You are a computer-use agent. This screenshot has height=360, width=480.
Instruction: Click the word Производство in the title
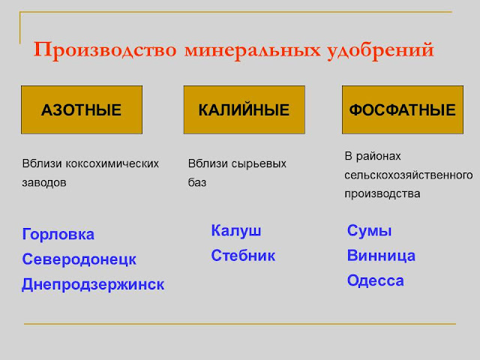pyautogui.click(x=105, y=50)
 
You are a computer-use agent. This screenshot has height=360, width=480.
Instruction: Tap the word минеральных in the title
pyautogui.click(x=253, y=50)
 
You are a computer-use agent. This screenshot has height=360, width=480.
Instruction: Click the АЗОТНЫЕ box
pyautogui.click(x=82, y=109)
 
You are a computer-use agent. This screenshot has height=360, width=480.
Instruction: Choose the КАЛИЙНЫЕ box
pyautogui.click(x=244, y=109)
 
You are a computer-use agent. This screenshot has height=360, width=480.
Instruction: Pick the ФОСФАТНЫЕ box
pyautogui.click(x=403, y=109)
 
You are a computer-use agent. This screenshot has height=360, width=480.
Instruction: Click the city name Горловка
pyautogui.click(x=58, y=235)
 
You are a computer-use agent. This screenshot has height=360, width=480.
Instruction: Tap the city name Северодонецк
pyautogui.click(x=79, y=259)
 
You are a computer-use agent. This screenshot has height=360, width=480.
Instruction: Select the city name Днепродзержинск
pyautogui.click(x=93, y=285)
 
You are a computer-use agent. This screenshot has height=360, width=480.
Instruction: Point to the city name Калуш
pyautogui.click(x=236, y=231)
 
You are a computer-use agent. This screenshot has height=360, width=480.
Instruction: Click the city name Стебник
pyautogui.click(x=243, y=256)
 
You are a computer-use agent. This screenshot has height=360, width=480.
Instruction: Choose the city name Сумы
pyautogui.click(x=369, y=231)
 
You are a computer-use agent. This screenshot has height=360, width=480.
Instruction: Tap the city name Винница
pyautogui.click(x=381, y=256)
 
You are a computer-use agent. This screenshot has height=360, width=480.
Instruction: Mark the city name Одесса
pyautogui.click(x=376, y=281)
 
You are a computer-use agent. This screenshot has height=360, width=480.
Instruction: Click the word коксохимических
pyautogui.click(x=112, y=163)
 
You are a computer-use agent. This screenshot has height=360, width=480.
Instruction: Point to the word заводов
pyautogui.click(x=44, y=183)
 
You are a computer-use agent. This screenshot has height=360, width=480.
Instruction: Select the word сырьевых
pyautogui.click(x=259, y=164)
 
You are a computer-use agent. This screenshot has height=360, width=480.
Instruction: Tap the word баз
pyautogui.click(x=197, y=183)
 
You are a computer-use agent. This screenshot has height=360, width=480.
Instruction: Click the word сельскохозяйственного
pyautogui.click(x=409, y=175)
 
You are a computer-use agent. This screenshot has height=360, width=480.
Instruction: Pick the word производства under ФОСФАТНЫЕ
pyautogui.click(x=382, y=194)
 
